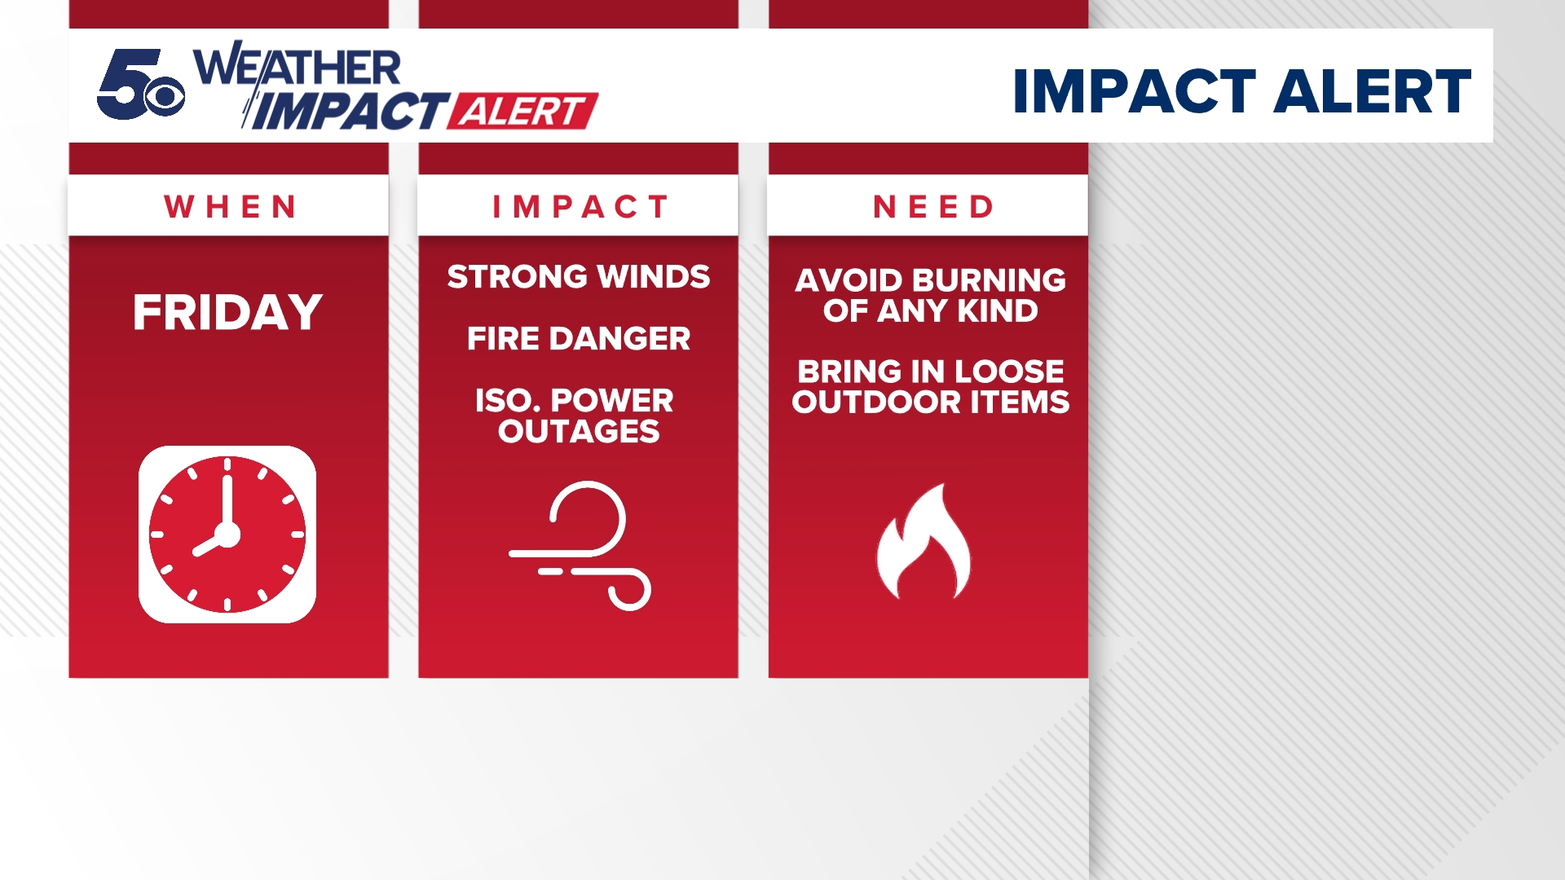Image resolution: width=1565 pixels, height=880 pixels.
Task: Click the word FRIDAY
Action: tap(228, 313)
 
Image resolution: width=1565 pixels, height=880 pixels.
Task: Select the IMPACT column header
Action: tap(580, 207)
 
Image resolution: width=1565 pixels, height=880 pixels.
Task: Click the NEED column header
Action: tap(933, 207)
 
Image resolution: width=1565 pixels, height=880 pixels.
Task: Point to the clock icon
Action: tap(227, 535)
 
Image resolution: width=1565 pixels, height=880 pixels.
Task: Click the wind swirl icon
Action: tap(580, 544)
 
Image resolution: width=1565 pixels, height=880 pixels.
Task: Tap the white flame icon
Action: tap(925, 543)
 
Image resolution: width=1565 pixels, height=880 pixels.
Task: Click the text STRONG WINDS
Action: tap(579, 277)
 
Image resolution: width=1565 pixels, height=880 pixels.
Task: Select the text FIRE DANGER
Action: tap(579, 339)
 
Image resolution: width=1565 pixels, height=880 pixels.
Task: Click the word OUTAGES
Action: tap(579, 432)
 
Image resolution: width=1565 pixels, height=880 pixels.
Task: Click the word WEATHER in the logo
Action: tap(298, 67)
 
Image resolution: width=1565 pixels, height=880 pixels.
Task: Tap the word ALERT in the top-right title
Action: tap(1372, 91)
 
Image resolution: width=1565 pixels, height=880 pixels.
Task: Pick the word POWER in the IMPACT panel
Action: tap(612, 401)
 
